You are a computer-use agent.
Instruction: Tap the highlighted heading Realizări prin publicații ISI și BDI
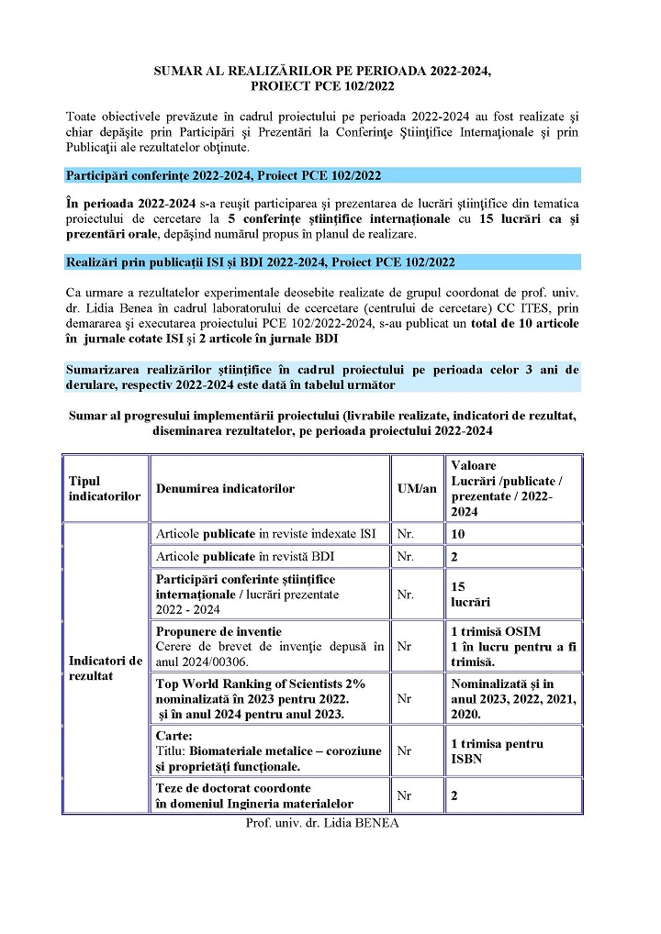coord(261,262)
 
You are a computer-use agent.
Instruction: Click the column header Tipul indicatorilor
coord(105,488)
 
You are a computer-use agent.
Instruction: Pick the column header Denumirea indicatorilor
coord(225,488)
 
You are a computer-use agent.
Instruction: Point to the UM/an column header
coord(417,488)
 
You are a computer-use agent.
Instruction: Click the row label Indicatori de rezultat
coord(105,667)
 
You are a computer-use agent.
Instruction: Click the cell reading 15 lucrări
coord(470,594)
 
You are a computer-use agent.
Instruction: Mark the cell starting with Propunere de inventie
coord(270,646)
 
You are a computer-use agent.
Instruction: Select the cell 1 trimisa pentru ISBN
coord(497,751)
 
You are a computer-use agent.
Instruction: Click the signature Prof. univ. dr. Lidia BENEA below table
coord(322,822)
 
